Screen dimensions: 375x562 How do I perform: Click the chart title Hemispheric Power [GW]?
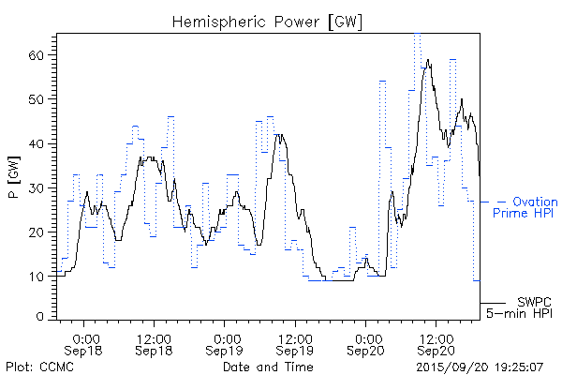[x=267, y=20]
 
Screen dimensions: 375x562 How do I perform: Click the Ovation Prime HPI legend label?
[x=524, y=207]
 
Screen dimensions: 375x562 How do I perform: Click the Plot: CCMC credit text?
[x=39, y=366]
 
